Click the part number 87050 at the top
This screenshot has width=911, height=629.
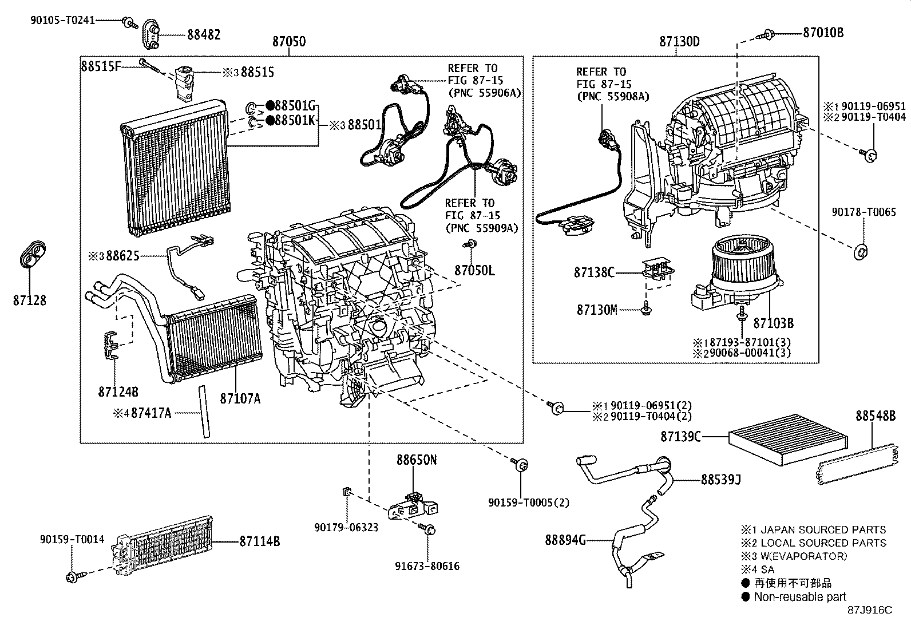click(288, 42)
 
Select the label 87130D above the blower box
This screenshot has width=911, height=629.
click(679, 42)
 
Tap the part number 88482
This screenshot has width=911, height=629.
click(204, 34)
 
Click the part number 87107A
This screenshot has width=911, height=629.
click(240, 398)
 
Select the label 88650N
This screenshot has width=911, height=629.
click(417, 460)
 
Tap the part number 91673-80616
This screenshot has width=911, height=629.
click(427, 567)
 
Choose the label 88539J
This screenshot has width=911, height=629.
click(720, 480)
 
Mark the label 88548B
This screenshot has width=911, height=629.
click(876, 416)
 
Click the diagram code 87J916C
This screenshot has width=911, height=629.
click(870, 610)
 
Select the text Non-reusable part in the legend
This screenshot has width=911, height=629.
click(799, 596)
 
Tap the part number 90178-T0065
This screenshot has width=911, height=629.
click(864, 212)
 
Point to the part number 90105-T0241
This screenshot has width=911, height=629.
click(63, 20)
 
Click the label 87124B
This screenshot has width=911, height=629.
click(118, 393)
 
